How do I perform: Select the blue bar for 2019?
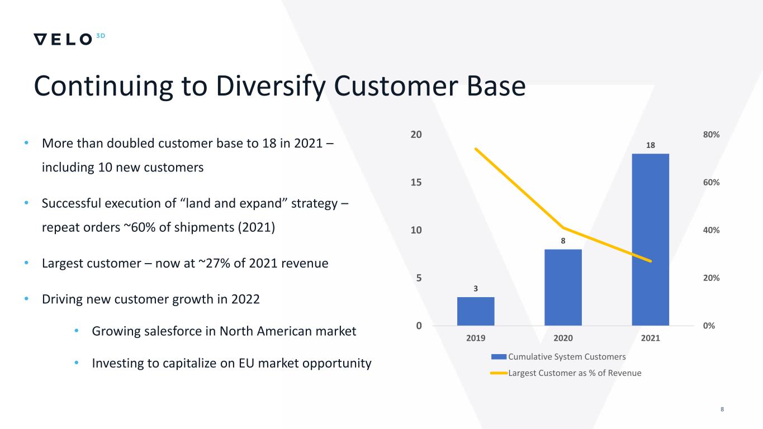pos(476,311)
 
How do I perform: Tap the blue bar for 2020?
pos(563,287)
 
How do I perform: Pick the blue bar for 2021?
pos(650,239)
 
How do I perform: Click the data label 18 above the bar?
pos(651,145)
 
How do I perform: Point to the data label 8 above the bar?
pos(563,241)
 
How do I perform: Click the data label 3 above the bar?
pos(476,289)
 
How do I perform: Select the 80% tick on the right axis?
pos(712,135)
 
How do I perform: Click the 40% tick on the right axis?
pos(712,230)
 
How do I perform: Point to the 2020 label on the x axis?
pos(563,338)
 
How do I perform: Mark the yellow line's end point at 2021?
pos(651,261)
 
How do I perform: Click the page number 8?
pos(722,410)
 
